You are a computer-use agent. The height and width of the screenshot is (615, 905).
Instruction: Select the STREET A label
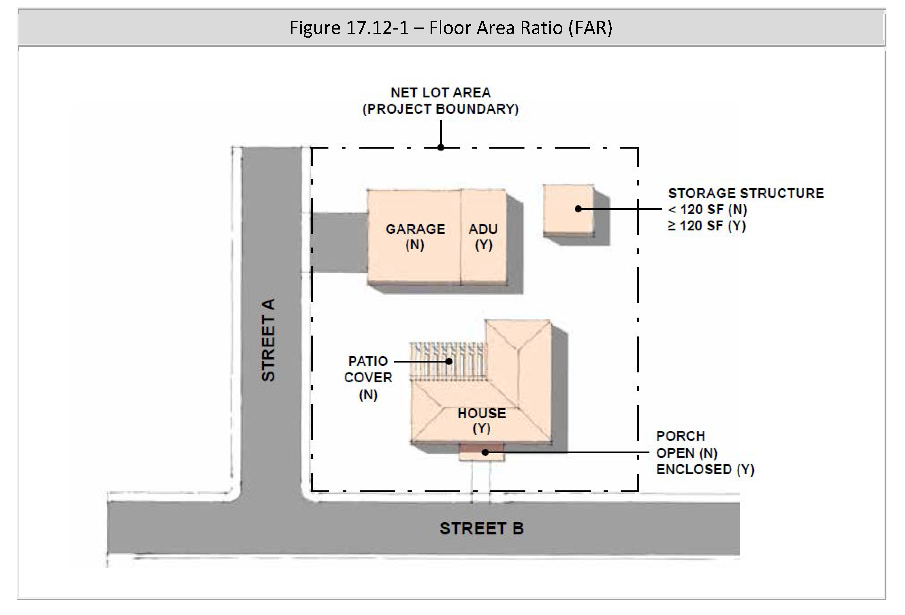pos(268,340)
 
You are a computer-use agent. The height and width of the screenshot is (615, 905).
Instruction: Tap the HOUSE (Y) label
pos(482,420)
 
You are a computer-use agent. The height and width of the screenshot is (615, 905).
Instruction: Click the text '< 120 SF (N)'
pos(708,210)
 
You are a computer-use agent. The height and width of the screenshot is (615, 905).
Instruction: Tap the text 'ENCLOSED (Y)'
pos(705,469)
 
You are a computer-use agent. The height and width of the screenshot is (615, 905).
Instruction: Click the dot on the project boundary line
pos(441,148)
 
